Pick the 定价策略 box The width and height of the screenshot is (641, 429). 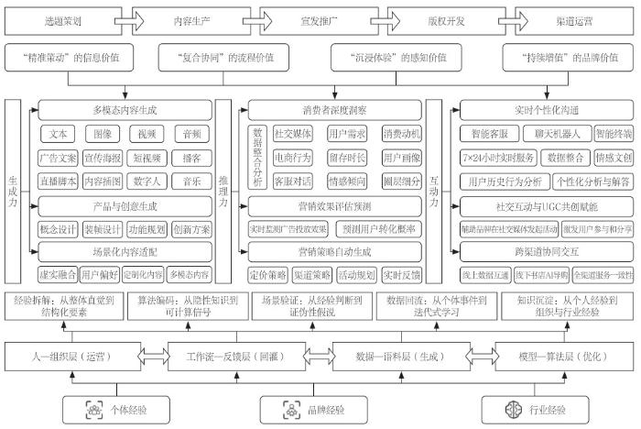tap(266, 272)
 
